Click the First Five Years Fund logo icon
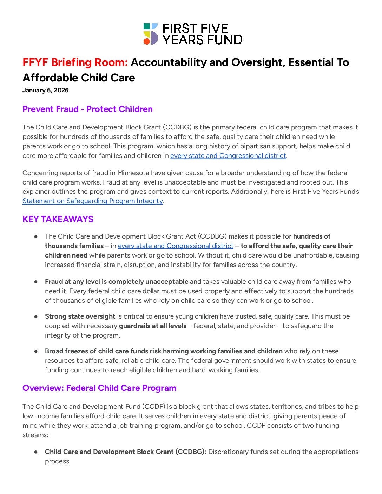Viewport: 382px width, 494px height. coord(151,34)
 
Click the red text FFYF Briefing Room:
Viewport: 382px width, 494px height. coord(75,62)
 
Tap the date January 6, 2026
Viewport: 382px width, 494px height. coord(45,90)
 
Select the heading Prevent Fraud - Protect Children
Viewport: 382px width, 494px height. coord(87,109)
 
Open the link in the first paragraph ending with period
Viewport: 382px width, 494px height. coord(228,156)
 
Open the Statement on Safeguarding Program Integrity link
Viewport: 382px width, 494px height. coord(93,201)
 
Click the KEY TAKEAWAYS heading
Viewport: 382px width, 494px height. coord(58,219)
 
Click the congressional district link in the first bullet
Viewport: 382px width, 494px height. coord(176,246)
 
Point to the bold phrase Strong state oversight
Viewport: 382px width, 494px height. coord(80,316)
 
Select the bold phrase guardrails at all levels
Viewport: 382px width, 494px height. coord(153,326)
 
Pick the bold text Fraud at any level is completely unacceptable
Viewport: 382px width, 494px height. coord(117,282)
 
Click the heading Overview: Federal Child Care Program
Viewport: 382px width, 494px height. coord(99,388)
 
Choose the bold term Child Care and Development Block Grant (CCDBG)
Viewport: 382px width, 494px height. coord(125,452)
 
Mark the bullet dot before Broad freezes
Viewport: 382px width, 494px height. coord(36,351)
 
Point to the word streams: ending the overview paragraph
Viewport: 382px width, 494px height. coord(35,435)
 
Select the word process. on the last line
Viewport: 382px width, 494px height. coord(58,461)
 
